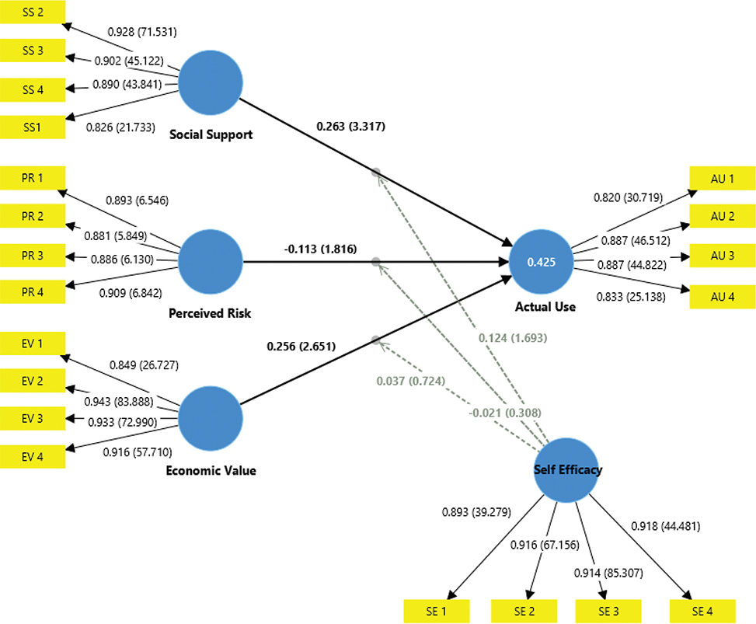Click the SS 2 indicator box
(x=33, y=12)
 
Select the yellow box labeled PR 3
(x=33, y=254)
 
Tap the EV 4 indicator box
(x=33, y=456)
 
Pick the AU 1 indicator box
(x=722, y=178)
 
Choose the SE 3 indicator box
(x=607, y=611)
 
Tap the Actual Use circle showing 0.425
(x=541, y=263)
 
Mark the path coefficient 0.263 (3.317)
(x=351, y=126)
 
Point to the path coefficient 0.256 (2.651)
(x=301, y=347)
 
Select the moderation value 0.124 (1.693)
(x=512, y=337)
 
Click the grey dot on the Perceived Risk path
(x=376, y=263)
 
